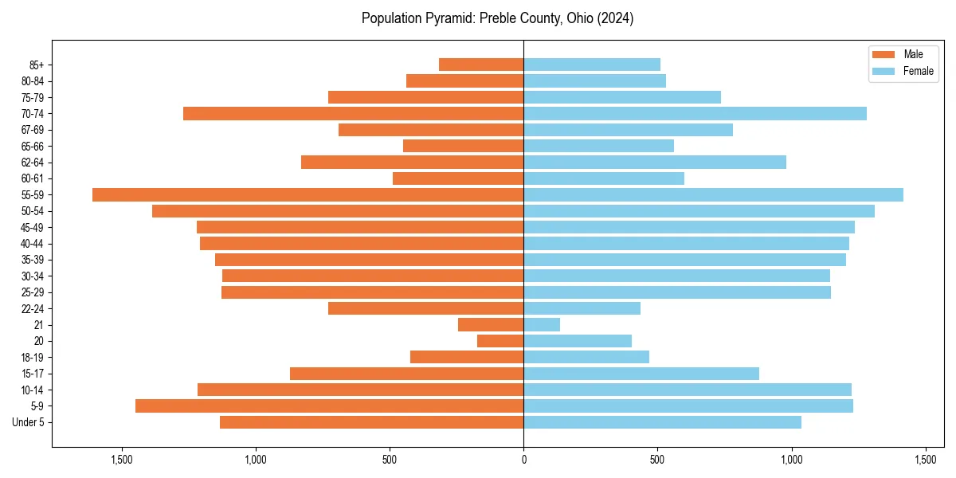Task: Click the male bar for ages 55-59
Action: (308, 194)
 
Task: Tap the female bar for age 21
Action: (542, 324)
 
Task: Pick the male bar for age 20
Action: (500, 341)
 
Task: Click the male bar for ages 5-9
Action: (329, 406)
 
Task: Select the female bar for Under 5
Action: (662, 422)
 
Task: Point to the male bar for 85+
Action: (481, 65)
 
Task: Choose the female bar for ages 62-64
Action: (655, 162)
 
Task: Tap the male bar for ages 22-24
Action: (425, 308)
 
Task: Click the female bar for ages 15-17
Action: (641, 373)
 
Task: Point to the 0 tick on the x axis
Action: (523, 460)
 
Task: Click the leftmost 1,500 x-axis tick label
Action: (122, 460)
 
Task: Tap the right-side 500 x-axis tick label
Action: (657, 460)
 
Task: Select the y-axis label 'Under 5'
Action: (28, 422)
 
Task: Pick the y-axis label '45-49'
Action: (32, 227)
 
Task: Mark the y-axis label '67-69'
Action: (32, 130)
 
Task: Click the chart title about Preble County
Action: (497, 18)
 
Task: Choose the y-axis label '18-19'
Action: (32, 357)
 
